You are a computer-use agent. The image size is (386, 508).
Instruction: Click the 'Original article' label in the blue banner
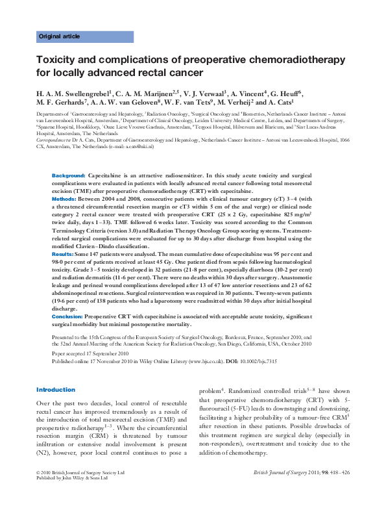click(x=58, y=37)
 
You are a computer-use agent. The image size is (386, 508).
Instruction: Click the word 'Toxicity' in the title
click(x=58, y=60)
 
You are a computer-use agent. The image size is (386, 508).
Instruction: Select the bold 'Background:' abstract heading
click(x=68, y=176)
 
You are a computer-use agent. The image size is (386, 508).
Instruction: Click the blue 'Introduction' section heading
click(x=56, y=390)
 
